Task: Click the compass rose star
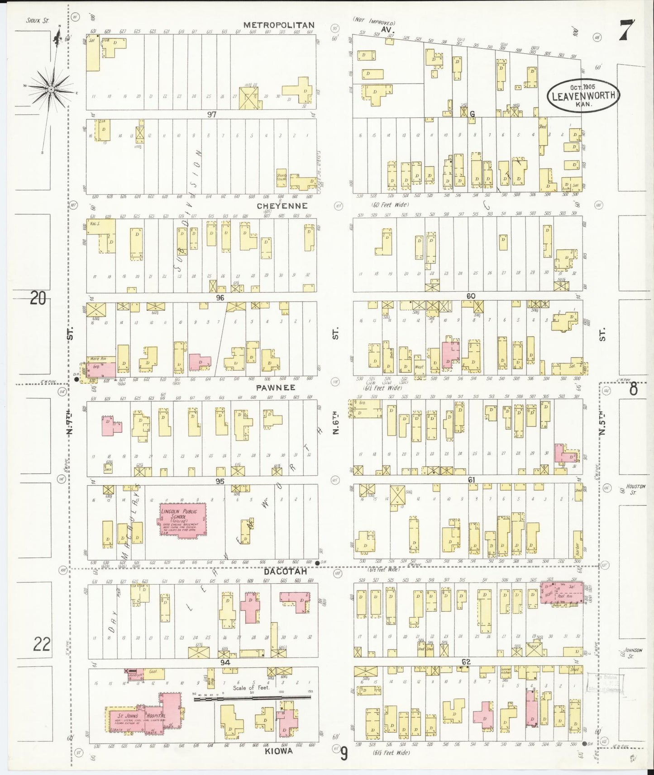click(x=51, y=89)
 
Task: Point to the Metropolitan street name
click(x=279, y=25)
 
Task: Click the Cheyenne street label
click(x=282, y=206)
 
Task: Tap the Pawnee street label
click(x=275, y=387)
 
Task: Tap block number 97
click(x=211, y=114)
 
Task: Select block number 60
click(x=471, y=296)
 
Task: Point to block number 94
click(x=225, y=662)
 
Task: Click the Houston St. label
click(x=635, y=489)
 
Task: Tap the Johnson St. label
click(x=633, y=652)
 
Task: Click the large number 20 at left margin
click(x=38, y=298)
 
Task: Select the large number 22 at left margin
click(x=41, y=644)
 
